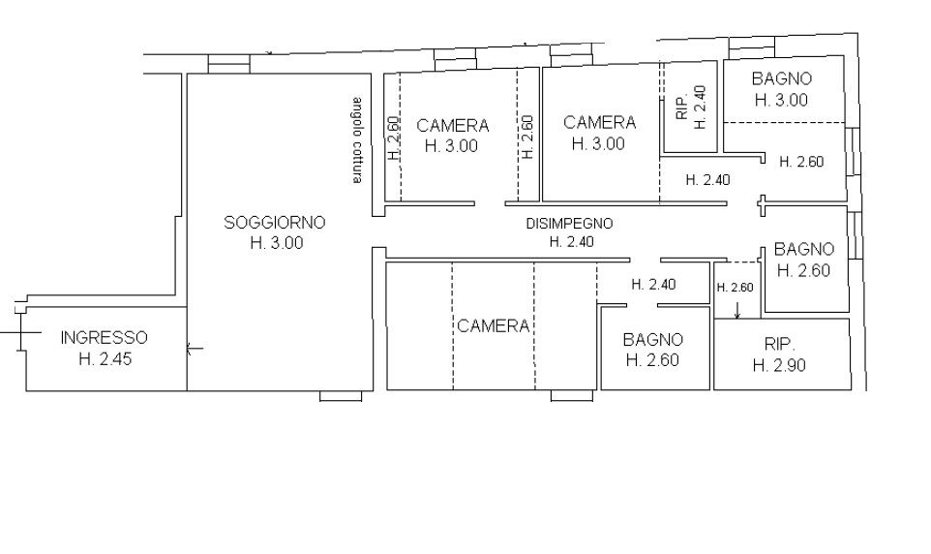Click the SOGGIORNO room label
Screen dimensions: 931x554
point(274,223)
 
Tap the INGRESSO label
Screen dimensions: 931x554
point(104,338)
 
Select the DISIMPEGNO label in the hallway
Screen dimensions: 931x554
point(569,224)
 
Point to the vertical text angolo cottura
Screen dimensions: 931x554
point(356,139)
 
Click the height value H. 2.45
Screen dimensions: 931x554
point(105,359)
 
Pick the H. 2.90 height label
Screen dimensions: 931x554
point(779,365)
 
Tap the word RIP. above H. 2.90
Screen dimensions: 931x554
point(780,344)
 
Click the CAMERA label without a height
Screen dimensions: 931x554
point(493,325)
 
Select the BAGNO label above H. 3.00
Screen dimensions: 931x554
point(781,78)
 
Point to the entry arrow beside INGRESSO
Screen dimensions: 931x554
point(195,349)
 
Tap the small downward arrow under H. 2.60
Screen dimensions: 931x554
point(736,310)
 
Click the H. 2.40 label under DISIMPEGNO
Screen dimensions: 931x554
point(571,242)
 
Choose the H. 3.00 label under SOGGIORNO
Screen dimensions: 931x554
point(277,242)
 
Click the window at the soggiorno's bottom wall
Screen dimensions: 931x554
point(341,396)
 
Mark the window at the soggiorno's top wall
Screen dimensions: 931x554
point(229,64)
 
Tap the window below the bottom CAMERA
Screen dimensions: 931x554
point(572,396)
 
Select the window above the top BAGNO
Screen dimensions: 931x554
point(752,47)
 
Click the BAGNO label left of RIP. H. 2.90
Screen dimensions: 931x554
point(652,340)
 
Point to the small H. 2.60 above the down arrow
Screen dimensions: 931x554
point(736,288)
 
